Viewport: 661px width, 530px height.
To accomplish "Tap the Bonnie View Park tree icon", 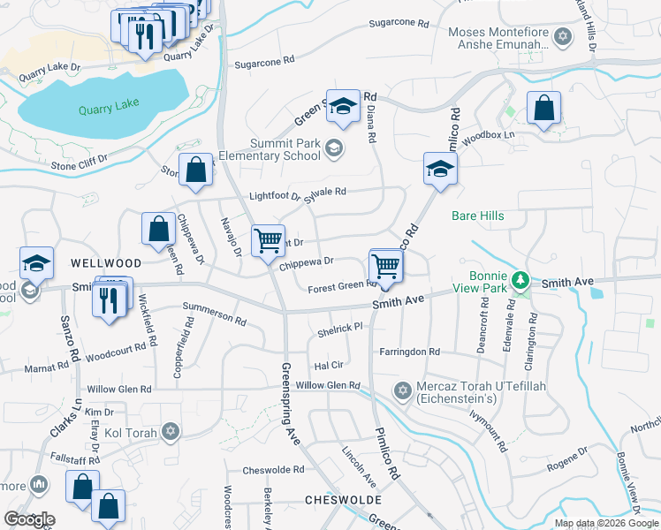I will (x=521, y=281).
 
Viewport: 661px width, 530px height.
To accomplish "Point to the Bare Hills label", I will (x=476, y=216).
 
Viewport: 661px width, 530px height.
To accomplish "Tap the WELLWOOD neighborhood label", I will (x=106, y=263).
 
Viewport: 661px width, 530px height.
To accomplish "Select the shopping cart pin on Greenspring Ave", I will (x=268, y=239).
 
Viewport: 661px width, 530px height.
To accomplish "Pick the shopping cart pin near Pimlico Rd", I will (x=385, y=265).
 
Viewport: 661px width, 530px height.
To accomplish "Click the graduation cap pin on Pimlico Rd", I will (x=439, y=168).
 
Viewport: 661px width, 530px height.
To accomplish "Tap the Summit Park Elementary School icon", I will (x=333, y=148).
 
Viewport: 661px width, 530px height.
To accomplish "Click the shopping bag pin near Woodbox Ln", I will (x=543, y=108).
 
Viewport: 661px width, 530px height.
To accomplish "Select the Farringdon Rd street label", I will (x=409, y=352).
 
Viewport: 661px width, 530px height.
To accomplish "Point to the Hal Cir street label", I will (x=328, y=365).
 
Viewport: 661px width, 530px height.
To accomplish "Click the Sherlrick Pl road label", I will (x=340, y=328).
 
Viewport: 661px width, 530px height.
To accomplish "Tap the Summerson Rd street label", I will (x=214, y=312).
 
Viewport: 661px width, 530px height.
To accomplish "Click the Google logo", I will (x=29, y=519).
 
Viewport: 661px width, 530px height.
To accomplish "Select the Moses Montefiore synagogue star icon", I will (x=563, y=36).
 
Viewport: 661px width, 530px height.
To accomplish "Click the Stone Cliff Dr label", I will (x=79, y=162).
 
